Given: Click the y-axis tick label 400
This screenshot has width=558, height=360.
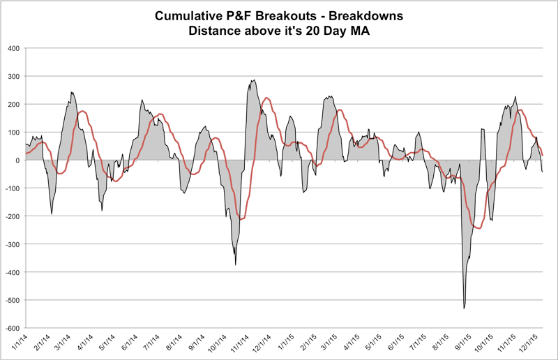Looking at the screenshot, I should (13, 48).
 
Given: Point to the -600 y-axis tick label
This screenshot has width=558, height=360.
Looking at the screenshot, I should (11, 328).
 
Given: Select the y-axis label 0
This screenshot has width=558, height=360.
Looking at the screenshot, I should (17, 160).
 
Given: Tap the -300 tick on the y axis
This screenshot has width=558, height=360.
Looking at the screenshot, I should (11, 244).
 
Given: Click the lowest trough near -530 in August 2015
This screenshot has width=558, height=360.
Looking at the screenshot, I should (465, 308).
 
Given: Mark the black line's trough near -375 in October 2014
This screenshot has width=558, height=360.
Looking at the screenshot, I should (236, 264).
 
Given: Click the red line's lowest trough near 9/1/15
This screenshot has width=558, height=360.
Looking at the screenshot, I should (478, 228).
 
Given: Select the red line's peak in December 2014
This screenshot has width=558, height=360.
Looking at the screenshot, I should (266, 98).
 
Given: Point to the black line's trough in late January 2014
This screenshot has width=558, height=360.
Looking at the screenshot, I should (52, 213).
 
